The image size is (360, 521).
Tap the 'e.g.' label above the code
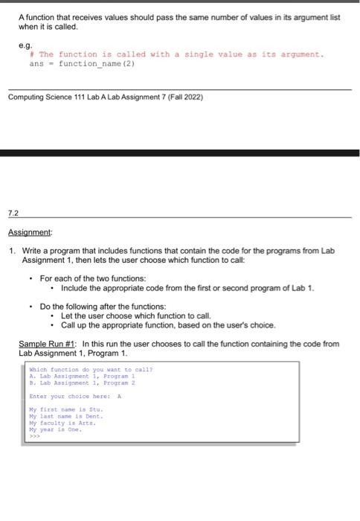coord(25,45)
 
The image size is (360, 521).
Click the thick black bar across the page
coord(180,153)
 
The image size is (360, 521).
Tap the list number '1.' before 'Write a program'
coord(13,251)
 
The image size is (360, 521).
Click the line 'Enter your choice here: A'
coord(74,397)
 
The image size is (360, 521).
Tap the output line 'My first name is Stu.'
coord(65,410)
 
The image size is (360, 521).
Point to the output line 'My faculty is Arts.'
coord(62,423)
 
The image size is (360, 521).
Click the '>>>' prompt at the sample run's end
coord(34,437)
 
